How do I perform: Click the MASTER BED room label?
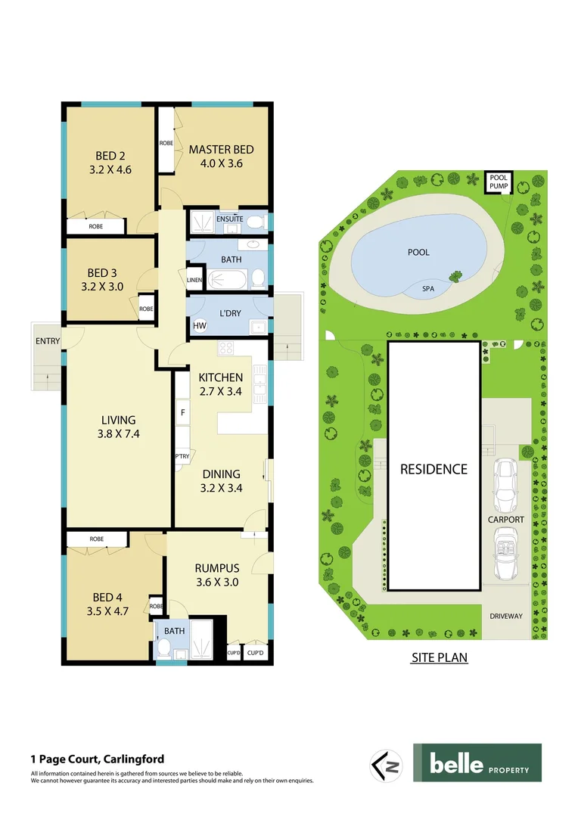(221, 149)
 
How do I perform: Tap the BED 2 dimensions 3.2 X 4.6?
(110, 169)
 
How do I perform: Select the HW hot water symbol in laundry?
(200, 326)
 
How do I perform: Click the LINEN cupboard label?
(195, 281)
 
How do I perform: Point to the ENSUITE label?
(229, 219)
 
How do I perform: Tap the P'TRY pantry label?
(182, 456)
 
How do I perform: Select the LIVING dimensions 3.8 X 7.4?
(119, 434)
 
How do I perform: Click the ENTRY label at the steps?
(48, 341)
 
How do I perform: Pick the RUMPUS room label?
(217, 568)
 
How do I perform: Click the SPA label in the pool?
(428, 288)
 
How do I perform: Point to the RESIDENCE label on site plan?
(433, 469)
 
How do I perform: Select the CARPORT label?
(505, 520)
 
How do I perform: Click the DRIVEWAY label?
(505, 616)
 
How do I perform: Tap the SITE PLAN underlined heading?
(440, 658)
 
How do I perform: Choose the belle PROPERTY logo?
(477, 763)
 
